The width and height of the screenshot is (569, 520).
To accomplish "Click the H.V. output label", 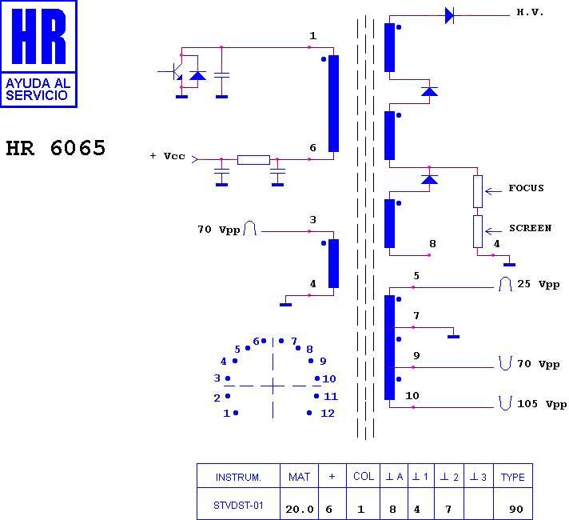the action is point(530,12).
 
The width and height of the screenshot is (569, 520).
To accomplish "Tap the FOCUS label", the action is point(526,188).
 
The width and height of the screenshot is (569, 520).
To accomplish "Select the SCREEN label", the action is point(530,228).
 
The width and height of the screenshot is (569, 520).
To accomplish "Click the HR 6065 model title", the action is point(55,148).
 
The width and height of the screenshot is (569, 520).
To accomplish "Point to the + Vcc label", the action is point(167,156).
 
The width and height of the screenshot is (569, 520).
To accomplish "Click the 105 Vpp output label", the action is point(542,404).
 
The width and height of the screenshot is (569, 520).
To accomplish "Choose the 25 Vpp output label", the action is point(538,284).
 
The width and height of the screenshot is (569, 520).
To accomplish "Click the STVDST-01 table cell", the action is point(238,506).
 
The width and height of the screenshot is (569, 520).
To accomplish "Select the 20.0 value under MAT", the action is point(300,509).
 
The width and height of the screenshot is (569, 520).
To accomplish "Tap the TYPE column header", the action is point(513,477).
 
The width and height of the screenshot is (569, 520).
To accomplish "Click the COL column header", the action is point(364,476).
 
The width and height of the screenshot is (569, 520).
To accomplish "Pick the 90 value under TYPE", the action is point(516,509).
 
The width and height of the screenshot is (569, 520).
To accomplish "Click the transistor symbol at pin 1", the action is point(177,71).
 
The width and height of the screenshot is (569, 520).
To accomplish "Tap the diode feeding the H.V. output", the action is point(449,16).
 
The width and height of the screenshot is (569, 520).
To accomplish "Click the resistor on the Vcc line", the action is point(253,160).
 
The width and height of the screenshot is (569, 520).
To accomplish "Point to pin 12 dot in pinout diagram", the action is point(309,413).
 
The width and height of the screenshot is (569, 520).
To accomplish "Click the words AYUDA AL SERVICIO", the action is point(38,90).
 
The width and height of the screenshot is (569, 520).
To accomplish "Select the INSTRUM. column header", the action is point(238,477).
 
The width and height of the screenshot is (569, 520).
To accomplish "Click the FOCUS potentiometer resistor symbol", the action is point(478,191).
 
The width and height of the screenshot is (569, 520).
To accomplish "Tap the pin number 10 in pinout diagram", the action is point(329,378).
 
